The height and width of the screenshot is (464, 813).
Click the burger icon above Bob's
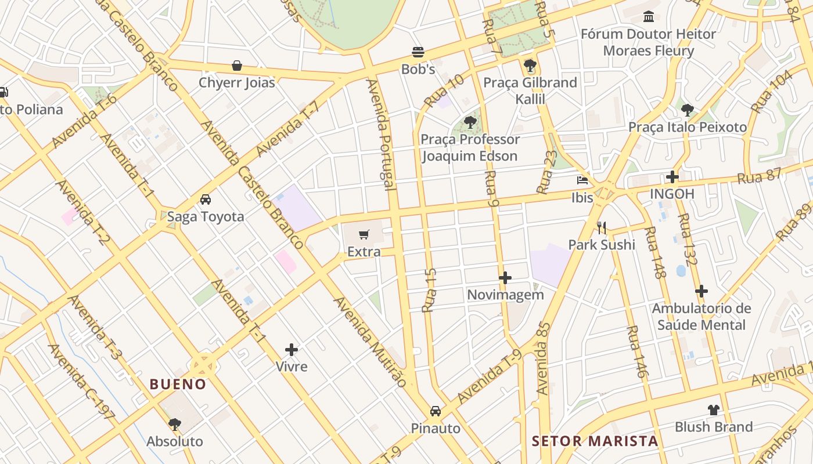coord(418,52)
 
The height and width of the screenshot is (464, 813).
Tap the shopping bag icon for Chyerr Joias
coord(237,66)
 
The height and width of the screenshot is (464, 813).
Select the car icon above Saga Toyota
coord(205,200)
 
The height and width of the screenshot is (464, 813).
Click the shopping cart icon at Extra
coord(364,235)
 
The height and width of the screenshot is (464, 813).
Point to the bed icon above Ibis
coord(582,180)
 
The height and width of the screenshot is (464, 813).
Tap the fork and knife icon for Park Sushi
coord(602,227)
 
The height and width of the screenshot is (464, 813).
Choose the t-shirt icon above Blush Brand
coord(713,410)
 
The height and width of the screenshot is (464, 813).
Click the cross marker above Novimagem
coord(505,278)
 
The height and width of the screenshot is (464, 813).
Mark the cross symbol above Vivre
coord(292,350)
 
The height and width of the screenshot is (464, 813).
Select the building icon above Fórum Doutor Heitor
coord(648,16)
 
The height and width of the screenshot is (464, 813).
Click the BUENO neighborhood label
coord(178,384)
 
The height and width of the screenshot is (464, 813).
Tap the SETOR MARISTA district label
coord(595,441)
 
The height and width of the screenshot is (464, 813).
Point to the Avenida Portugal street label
coord(381,135)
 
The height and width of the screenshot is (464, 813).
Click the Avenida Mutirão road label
coord(369,342)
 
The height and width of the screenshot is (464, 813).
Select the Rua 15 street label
coord(430,290)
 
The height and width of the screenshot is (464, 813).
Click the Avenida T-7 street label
coord(288,129)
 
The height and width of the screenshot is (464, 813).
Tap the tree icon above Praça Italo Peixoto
coord(688,110)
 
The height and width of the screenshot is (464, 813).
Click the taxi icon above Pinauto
coord(435,411)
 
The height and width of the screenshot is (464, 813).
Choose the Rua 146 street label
coord(636,351)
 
